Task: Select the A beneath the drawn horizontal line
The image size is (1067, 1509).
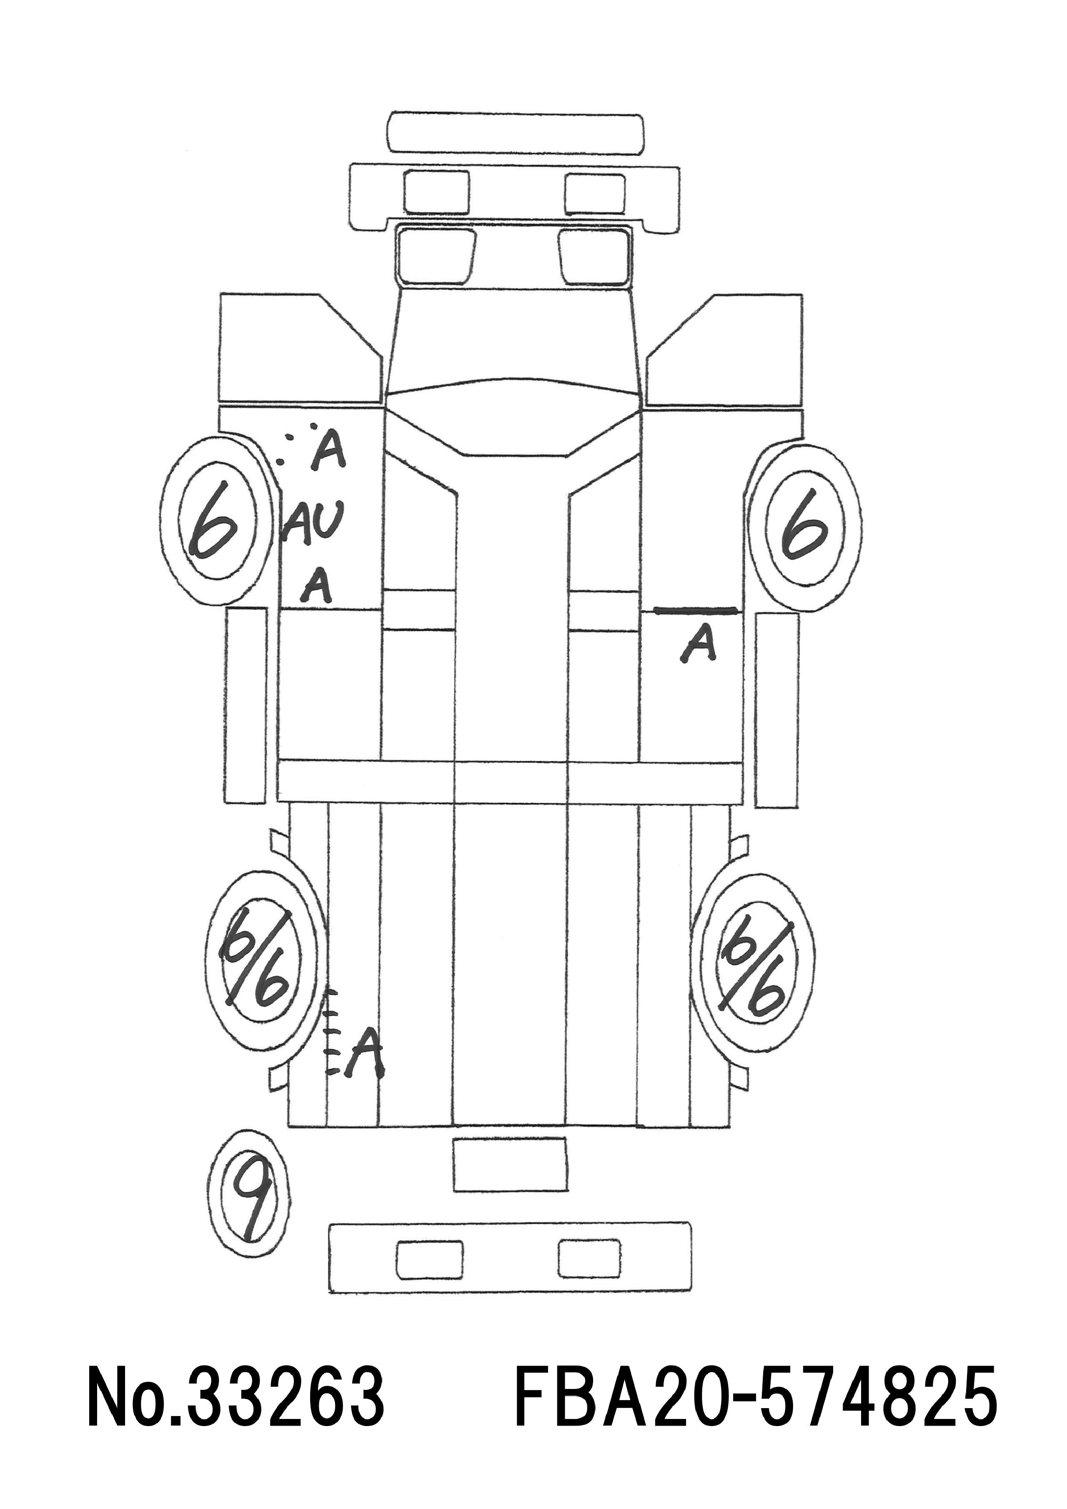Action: [699, 644]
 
